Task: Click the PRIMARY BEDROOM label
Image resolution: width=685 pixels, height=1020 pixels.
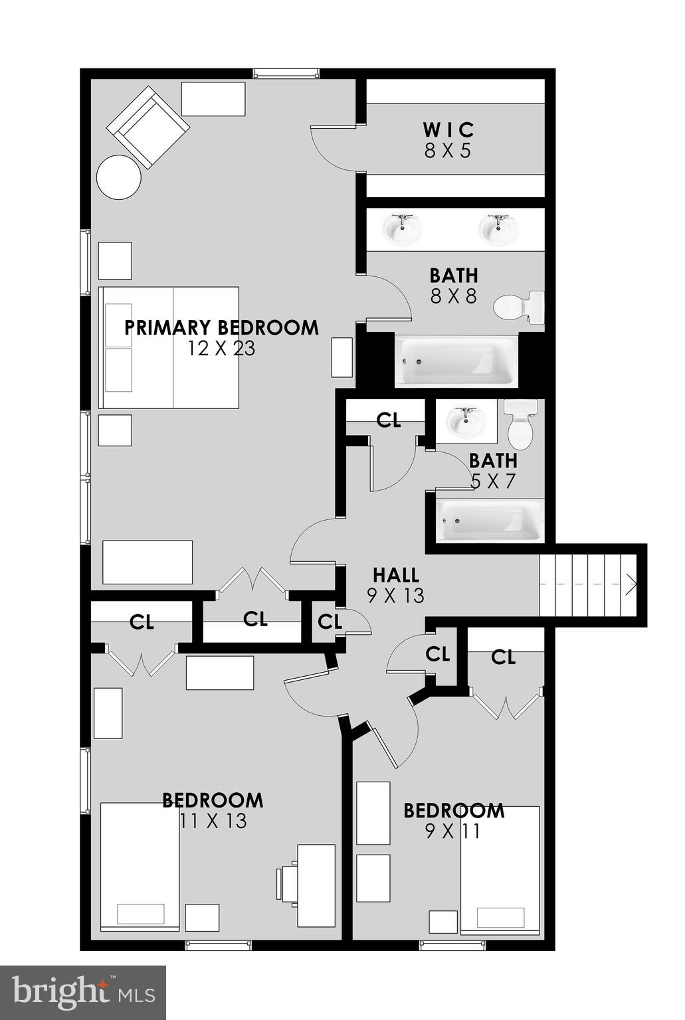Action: tap(221, 327)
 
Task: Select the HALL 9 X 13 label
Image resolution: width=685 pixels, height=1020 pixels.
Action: tap(396, 584)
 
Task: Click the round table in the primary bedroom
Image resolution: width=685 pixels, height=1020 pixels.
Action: tap(119, 177)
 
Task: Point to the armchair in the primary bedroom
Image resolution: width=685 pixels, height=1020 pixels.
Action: tap(148, 127)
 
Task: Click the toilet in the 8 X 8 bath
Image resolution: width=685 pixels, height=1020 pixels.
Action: tap(519, 307)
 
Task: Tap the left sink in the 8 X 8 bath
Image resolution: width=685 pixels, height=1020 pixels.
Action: tap(402, 230)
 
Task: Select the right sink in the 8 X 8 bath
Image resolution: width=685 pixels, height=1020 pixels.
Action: tap(498, 230)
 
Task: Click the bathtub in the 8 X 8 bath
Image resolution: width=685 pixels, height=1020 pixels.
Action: tap(456, 361)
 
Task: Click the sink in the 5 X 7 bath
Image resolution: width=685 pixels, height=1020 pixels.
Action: tap(466, 421)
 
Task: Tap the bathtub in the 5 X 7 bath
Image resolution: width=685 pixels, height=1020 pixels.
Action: tap(490, 520)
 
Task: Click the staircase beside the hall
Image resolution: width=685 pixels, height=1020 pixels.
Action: tap(589, 584)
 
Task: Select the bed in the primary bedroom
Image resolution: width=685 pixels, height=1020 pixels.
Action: tap(169, 347)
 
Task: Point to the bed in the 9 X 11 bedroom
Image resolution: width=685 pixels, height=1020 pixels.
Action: tap(500, 870)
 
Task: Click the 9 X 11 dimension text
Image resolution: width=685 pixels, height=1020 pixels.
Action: tap(452, 831)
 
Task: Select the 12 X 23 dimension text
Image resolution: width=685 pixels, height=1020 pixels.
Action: tap(221, 348)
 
